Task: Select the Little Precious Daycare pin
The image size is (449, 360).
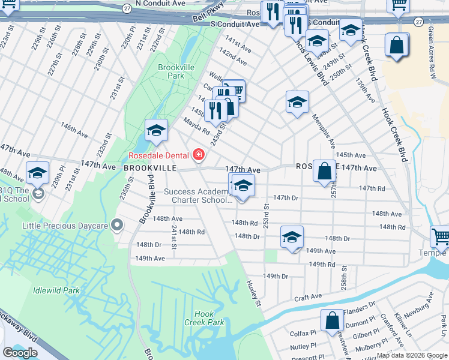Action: (x=117, y=226)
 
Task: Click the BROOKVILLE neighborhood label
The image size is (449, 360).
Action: (x=150, y=169)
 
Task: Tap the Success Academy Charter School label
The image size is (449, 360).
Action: (x=197, y=196)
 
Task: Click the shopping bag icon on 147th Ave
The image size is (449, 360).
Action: (x=324, y=170)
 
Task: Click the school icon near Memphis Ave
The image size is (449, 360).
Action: (x=297, y=102)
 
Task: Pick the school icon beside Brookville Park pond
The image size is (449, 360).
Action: (x=156, y=130)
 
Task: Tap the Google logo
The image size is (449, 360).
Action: (x=20, y=353)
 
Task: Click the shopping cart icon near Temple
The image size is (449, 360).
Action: (x=440, y=236)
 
